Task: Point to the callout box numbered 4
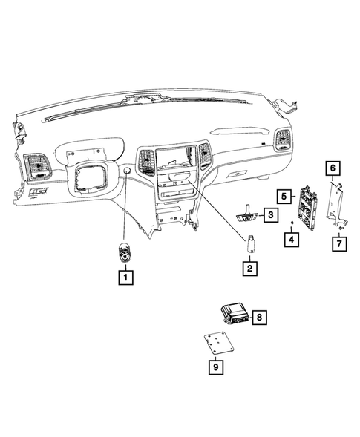[x=292, y=240]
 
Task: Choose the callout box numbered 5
[x=284, y=196]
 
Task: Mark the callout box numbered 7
[x=339, y=243]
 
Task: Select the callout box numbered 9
[x=215, y=364]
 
